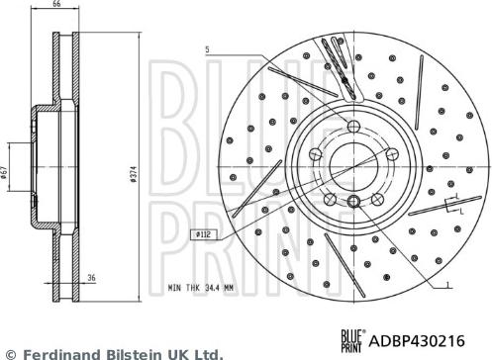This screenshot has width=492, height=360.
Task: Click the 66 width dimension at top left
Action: pyautogui.click(x=56, y=6)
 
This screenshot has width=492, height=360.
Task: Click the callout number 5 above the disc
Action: pyautogui.click(x=209, y=48)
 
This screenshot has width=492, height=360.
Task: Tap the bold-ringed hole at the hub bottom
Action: pyautogui.click(x=354, y=202)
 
